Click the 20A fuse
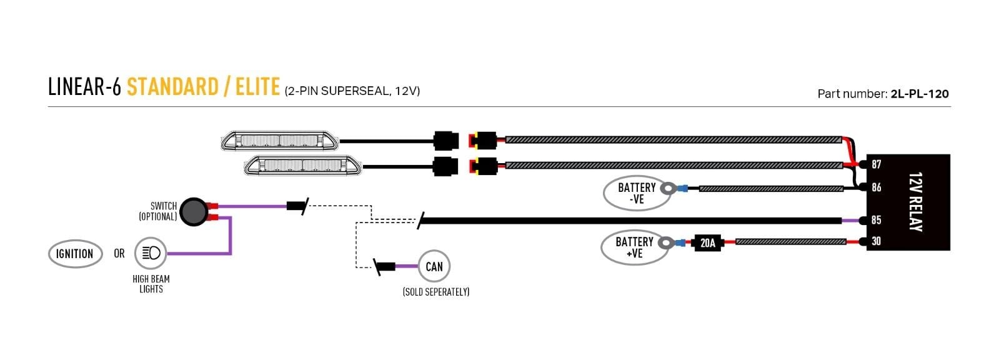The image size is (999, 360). [708, 242]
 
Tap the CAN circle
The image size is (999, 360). [434, 267]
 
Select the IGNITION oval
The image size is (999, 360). [75, 254]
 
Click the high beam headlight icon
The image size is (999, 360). [151, 253]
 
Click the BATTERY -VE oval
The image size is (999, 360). [636, 193]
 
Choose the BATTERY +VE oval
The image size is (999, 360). [634, 247]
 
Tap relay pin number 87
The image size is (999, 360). [877, 164]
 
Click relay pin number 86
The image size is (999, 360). [877, 187]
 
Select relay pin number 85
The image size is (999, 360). [877, 220]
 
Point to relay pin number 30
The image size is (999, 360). [877, 241]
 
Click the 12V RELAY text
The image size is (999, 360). [916, 202]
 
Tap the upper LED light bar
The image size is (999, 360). [280, 141]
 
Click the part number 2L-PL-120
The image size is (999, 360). [920, 94]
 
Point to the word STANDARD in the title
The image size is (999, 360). [172, 87]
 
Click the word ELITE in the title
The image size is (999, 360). [257, 87]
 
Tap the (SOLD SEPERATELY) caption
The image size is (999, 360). [436, 292]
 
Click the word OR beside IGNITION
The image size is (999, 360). [119, 254]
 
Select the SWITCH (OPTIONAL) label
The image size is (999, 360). [158, 211]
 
